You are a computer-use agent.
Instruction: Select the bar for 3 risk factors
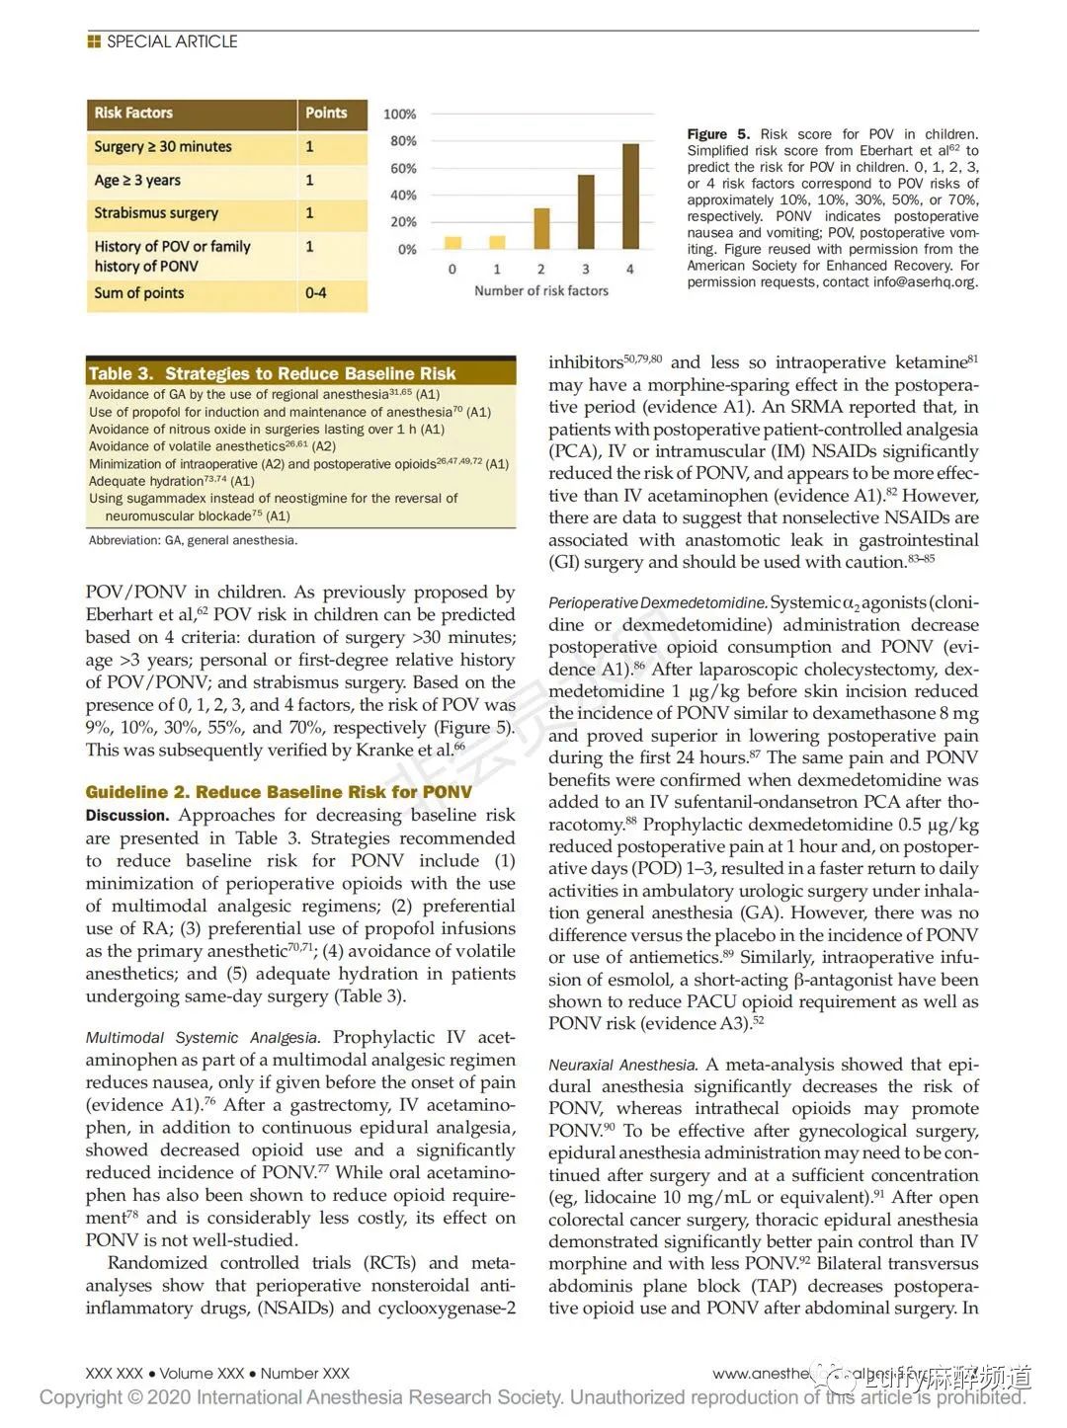click(x=586, y=211)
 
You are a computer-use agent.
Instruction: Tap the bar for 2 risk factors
click(x=541, y=228)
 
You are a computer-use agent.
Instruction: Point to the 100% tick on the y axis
click(x=400, y=115)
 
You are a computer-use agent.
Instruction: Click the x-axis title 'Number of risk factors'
click(x=541, y=291)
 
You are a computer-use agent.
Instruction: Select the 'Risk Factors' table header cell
click(x=133, y=114)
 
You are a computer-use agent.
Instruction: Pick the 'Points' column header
click(x=326, y=114)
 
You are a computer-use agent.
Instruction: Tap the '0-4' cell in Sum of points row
click(x=316, y=293)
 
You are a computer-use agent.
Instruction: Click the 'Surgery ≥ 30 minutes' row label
click(x=163, y=147)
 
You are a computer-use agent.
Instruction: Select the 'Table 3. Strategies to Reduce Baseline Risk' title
click(x=272, y=373)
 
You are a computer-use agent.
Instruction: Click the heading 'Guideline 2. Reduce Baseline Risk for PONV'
click(x=279, y=792)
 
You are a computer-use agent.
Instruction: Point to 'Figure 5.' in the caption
click(x=718, y=134)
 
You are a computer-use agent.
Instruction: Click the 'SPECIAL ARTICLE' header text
click(x=172, y=41)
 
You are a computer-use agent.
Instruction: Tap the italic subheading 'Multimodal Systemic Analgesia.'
click(x=203, y=1038)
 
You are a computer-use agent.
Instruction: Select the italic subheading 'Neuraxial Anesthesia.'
click(x=622, y=1066)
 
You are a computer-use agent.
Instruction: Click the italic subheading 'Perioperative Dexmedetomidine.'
click(x=657, y=603)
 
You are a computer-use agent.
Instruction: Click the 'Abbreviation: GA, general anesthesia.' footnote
click(x=193, y=540)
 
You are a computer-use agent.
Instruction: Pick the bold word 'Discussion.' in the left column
click(x=127, y=816)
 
